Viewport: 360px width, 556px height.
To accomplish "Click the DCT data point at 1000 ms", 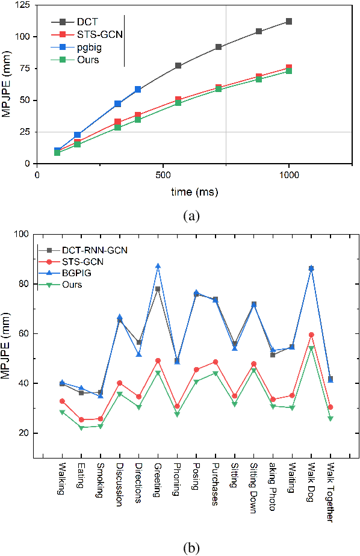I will point(289,22).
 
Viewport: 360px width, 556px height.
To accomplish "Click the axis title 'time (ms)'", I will point(194,193).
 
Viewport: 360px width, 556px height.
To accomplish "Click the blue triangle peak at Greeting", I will point(158,266).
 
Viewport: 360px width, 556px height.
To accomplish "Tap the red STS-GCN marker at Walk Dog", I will point(311,335).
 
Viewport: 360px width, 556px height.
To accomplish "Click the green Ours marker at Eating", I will point(81,427).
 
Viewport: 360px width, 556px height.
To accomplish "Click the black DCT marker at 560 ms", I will point(178,66).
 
